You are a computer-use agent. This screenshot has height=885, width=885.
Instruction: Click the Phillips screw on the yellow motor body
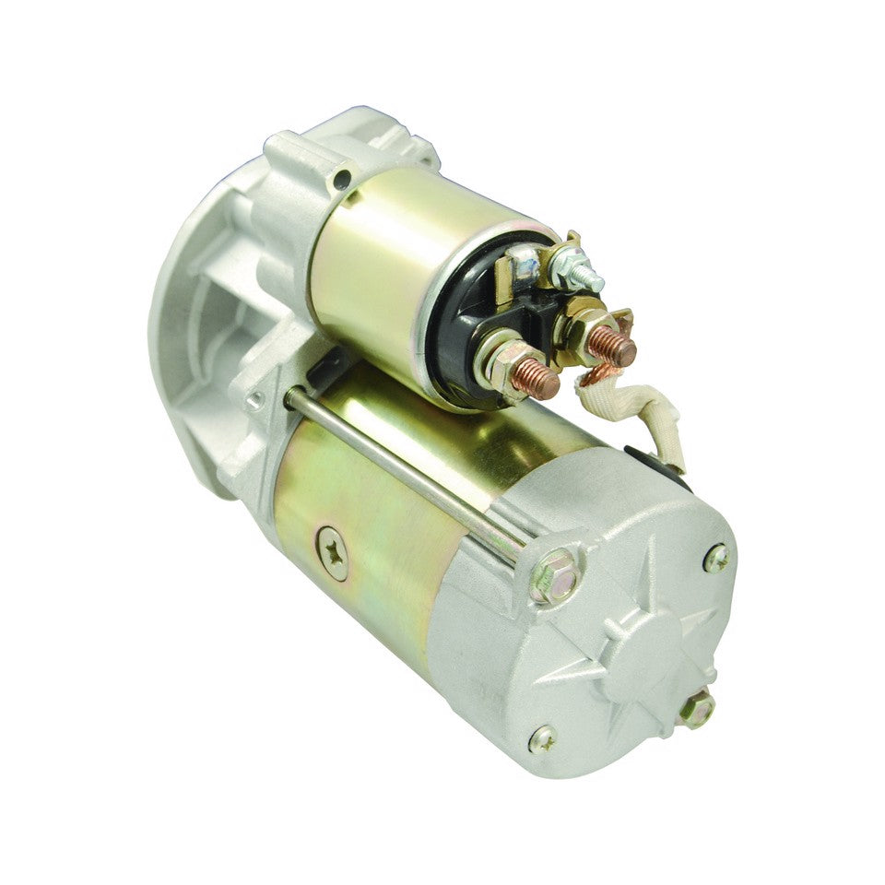click(331, 552)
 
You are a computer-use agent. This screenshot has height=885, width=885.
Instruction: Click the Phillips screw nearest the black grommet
click(716, 557)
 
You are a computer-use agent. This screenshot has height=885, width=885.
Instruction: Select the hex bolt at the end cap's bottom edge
click(697, 709)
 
